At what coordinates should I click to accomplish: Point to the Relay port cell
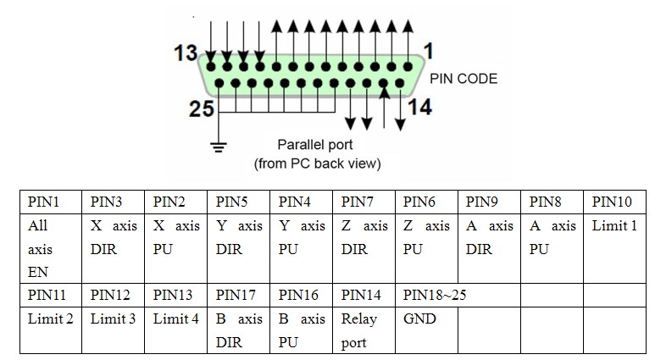[365, 331]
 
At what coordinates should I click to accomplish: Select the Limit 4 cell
[176, 319]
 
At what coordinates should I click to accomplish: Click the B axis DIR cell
[239, 331]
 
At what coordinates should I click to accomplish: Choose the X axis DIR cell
[114, 238]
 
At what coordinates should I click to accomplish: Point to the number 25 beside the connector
[202, 110]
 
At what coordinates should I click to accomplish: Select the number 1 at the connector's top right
[428, 52]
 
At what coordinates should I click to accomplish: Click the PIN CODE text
[463, 79]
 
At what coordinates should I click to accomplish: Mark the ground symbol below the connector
[219, 146]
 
